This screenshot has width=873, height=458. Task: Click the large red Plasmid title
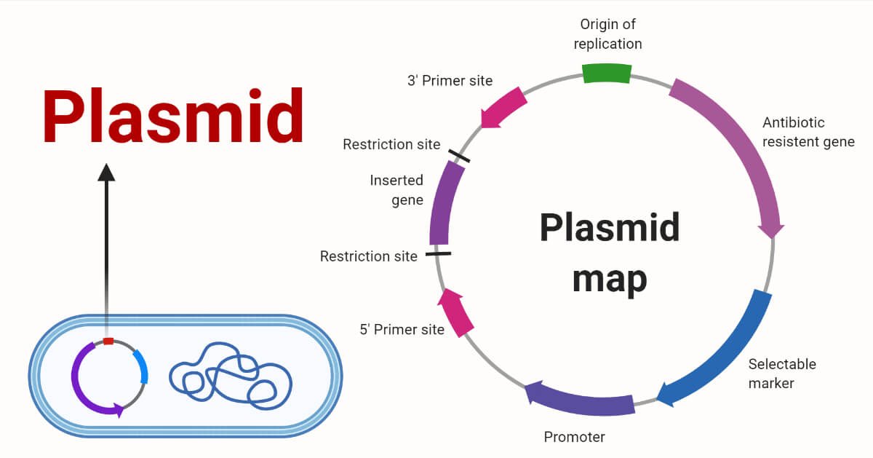coord(173,117)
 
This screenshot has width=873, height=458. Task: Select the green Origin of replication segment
coord(606,73)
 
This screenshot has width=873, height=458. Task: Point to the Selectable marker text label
coord(782,373)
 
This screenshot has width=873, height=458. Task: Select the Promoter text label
coord(574,437)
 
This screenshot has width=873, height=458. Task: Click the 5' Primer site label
coord(402,330)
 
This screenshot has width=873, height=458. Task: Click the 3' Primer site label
coord(450,81)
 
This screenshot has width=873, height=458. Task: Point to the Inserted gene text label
coord(397,190)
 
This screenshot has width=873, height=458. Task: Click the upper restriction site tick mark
coord(459,156)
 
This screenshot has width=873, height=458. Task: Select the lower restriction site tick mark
coord(438,254)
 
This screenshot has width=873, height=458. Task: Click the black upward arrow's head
coord(107,172)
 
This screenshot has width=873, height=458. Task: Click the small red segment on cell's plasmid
coord(108,341)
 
